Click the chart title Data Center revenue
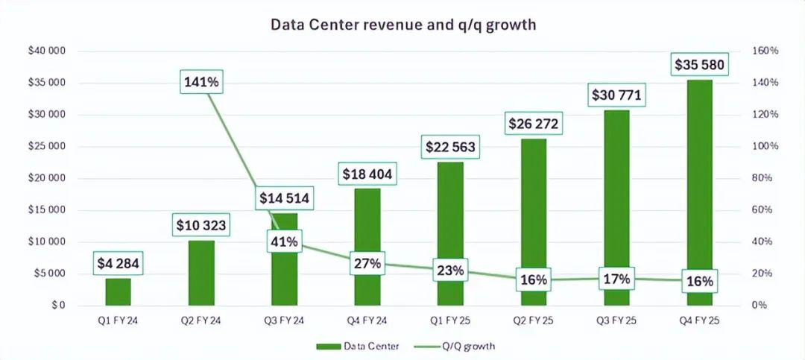402,25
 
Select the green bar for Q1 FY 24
118,291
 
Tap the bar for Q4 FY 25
699,194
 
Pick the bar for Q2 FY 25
533,224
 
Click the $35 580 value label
699,65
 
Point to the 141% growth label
201,82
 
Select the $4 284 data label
118,263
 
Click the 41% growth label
285,241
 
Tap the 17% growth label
616,279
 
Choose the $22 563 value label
449,147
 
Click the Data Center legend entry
357,346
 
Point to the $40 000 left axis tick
46,51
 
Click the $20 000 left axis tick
46,178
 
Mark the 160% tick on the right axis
765,51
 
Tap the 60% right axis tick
763,210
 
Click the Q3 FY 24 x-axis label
284,322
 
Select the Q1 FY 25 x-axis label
449,322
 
